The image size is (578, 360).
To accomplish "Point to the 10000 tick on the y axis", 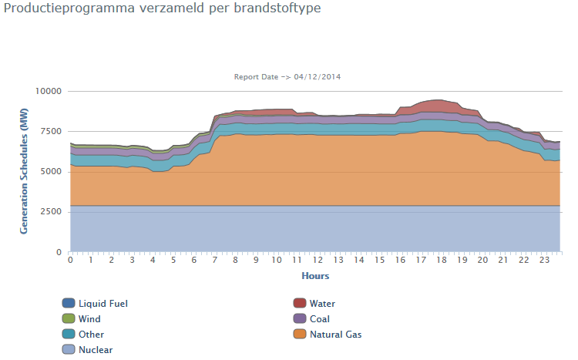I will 49,91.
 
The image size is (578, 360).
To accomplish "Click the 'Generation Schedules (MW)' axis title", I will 24,172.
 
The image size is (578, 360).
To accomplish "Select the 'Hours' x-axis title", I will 315,275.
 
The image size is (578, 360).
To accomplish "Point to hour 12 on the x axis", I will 318,260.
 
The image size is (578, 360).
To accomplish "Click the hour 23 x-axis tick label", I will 544,260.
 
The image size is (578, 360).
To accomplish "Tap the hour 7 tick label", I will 214,260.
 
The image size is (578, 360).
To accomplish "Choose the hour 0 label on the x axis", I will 70,260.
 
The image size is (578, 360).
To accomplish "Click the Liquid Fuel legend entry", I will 102,304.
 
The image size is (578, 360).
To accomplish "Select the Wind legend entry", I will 89,319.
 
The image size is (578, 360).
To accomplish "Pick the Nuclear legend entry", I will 96,350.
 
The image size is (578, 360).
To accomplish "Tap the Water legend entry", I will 322,304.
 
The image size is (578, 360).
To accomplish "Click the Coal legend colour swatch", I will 300,319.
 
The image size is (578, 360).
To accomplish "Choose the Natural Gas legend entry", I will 335,335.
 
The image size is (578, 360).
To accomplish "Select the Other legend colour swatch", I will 69,335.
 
